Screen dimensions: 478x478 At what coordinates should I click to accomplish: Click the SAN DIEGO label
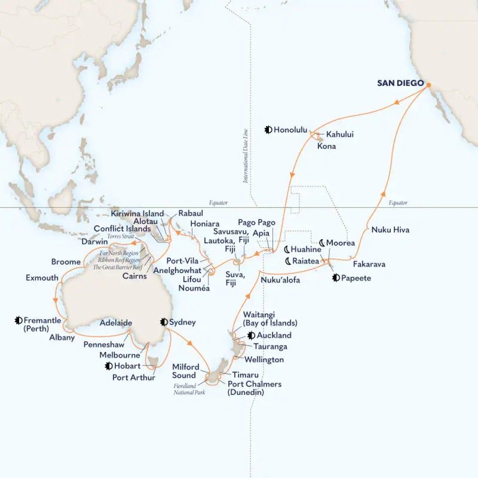tap(400, 83)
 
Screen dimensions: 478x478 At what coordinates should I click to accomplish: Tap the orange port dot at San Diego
tap(428, 84)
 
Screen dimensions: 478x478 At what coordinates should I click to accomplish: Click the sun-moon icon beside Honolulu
tap(268, 128)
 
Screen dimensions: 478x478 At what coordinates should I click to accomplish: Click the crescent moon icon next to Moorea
tap(322, 243)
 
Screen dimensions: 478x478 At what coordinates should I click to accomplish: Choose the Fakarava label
tap(369, 263)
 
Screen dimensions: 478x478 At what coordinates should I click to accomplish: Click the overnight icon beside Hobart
tap(108, 366)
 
